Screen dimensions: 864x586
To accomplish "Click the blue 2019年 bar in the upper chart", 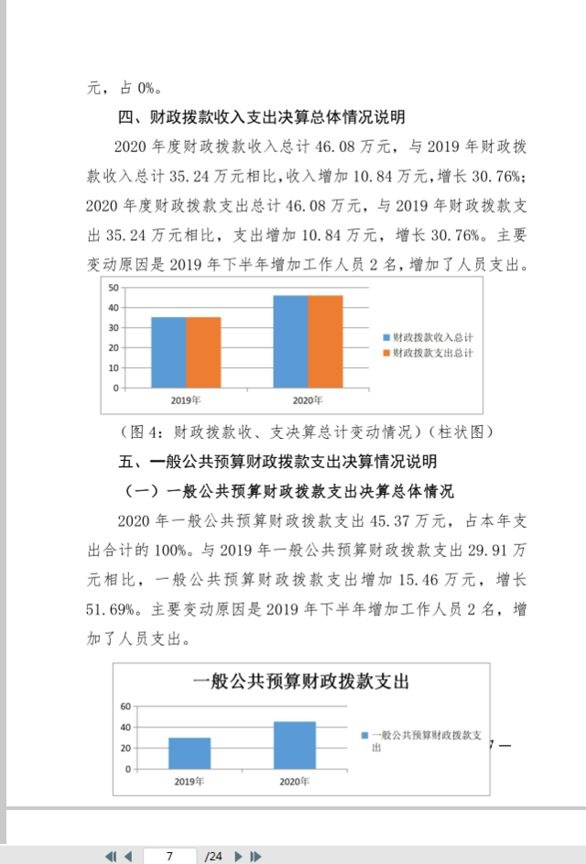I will pos(168,352).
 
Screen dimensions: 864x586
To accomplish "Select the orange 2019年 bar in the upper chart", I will pos(203,352).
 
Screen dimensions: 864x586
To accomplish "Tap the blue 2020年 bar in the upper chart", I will pos(290,341).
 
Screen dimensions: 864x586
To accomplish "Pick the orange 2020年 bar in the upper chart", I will pos(325,341).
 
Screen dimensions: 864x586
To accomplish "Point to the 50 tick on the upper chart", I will pos(114,287).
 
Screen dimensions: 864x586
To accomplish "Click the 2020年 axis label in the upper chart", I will pos(308,400).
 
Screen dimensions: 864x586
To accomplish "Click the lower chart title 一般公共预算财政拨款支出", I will pos(300,682).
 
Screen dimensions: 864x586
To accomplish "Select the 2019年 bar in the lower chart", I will pos(190,753).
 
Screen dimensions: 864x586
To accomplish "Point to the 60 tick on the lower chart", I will pos(126,706).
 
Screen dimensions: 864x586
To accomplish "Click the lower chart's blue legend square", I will pos(364,736).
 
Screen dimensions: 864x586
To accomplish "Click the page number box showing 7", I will pos(170,856).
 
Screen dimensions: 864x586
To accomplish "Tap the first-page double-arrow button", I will pos(110,856).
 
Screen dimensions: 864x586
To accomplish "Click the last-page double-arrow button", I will pos(256,856).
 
